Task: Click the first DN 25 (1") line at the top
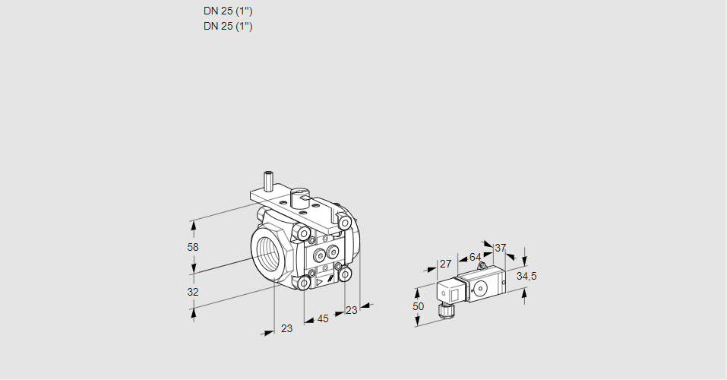228,11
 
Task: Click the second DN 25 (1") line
228,26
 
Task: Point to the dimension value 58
193,247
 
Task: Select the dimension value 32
193,292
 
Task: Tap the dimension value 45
323,318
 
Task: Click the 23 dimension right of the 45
351,310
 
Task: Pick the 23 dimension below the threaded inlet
286,328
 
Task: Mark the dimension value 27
446,264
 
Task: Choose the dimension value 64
475,257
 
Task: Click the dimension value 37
500,248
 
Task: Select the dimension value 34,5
526,276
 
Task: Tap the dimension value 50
419,306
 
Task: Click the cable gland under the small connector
444,309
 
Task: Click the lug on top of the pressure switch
479,267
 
